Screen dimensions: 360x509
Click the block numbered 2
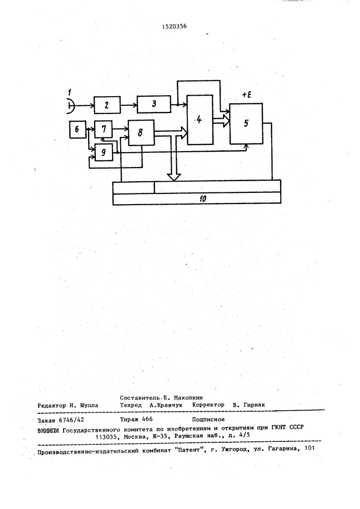pyautogui.click(x=107, y=105)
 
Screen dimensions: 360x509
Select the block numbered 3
pyautogui.click(x=154, y=104)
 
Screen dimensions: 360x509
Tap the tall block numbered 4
pyautogui.click(x=200, y=120)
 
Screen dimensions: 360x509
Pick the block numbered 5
pyautogui.click(x=246, y=124)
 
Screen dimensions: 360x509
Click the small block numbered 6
pyautogui.click(x=77, y=129)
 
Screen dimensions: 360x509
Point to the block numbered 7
pyautogui.click(x=103, y=129)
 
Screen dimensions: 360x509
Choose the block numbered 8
pyautogui.click(x=141, y=132)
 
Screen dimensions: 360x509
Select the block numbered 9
pyautogui.click(x=103, y=152)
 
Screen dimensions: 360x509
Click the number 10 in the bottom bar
pyautogui.click(x=203, y=199)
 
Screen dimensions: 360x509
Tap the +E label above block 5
pyautogui.click(x=247, y=96)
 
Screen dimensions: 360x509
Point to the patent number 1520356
pyautogui.click(x=174, y=26)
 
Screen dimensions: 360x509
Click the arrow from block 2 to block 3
pyautogui.click(x=129, y=105)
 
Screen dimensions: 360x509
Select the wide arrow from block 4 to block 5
pyautogui.click(x=221, y=122)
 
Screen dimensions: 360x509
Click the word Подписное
pyautogui.click(x=208, y=419)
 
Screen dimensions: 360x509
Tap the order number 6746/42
pyautogui.click(x=70, y=420)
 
